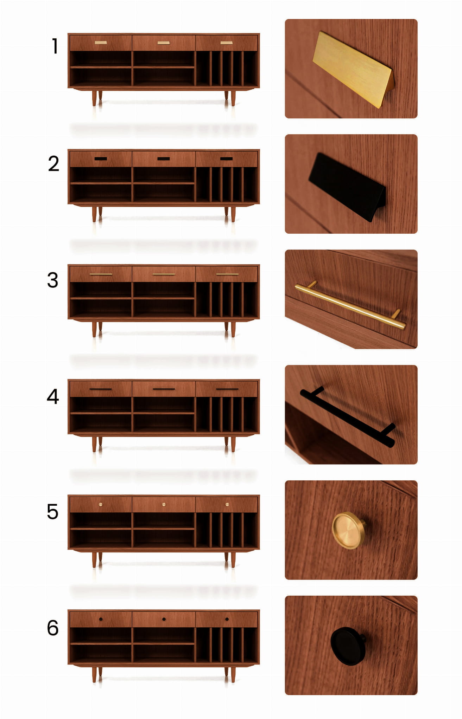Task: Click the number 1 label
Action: (x=55, y=46)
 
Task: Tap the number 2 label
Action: (x=53, y=164)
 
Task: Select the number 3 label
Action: (x=53, y=280)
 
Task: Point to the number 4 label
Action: (x=53, y=396)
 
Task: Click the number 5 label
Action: (x=53, y=512)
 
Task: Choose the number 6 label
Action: (x=53, y=628)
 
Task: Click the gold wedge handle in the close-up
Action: (x=353, y=70)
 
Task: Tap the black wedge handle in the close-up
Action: (x=347, y=187)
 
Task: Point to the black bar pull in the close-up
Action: (x=348, y=417)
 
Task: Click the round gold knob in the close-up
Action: (x=348, y=531)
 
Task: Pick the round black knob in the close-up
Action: (x=348, y=646)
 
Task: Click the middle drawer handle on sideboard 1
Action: (x=164, y=43)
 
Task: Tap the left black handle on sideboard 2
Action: (x=101, y=159)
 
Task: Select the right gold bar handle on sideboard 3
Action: (x=227, y=274)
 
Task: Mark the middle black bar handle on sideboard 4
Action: (x=164, y=389)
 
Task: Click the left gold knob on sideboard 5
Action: (x=101, y=505)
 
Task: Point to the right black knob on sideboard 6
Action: (x=227, y=619)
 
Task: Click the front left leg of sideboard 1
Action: (x=94, y=98)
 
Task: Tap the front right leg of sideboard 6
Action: (x=233, y=675)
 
